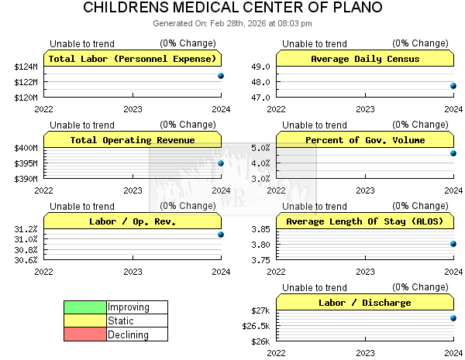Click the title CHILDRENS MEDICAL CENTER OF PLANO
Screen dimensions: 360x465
[x=232, y=8]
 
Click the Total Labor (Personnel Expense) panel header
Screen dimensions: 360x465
[x=133, y=59]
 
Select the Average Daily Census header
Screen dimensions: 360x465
[x=365, y=59]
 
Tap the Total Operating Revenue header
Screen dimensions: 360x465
[x=133, y=140]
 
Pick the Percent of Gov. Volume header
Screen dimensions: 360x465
[x=365, y=140]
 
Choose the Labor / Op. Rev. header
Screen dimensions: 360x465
[x=133, y=221]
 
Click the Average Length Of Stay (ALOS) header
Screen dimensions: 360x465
[x=365, y=221]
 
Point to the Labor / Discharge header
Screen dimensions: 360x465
[x=365, y=303]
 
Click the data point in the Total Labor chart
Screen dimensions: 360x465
[x=221, y=76]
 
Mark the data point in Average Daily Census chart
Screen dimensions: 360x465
[x=453, y=86]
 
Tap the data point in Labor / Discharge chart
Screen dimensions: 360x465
[x=453, y=318]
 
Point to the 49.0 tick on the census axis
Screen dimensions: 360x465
[x=260, y=67]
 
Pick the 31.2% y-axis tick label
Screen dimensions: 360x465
[x=26, y=229]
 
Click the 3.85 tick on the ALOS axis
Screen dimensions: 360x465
[x=260, y=229]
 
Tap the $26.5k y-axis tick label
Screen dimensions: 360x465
[x=256, y=326]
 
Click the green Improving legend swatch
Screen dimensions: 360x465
[x=85, y=307]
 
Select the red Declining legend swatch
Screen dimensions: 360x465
[x=85, y=334]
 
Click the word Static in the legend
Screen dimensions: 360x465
[x=121, y=321]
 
